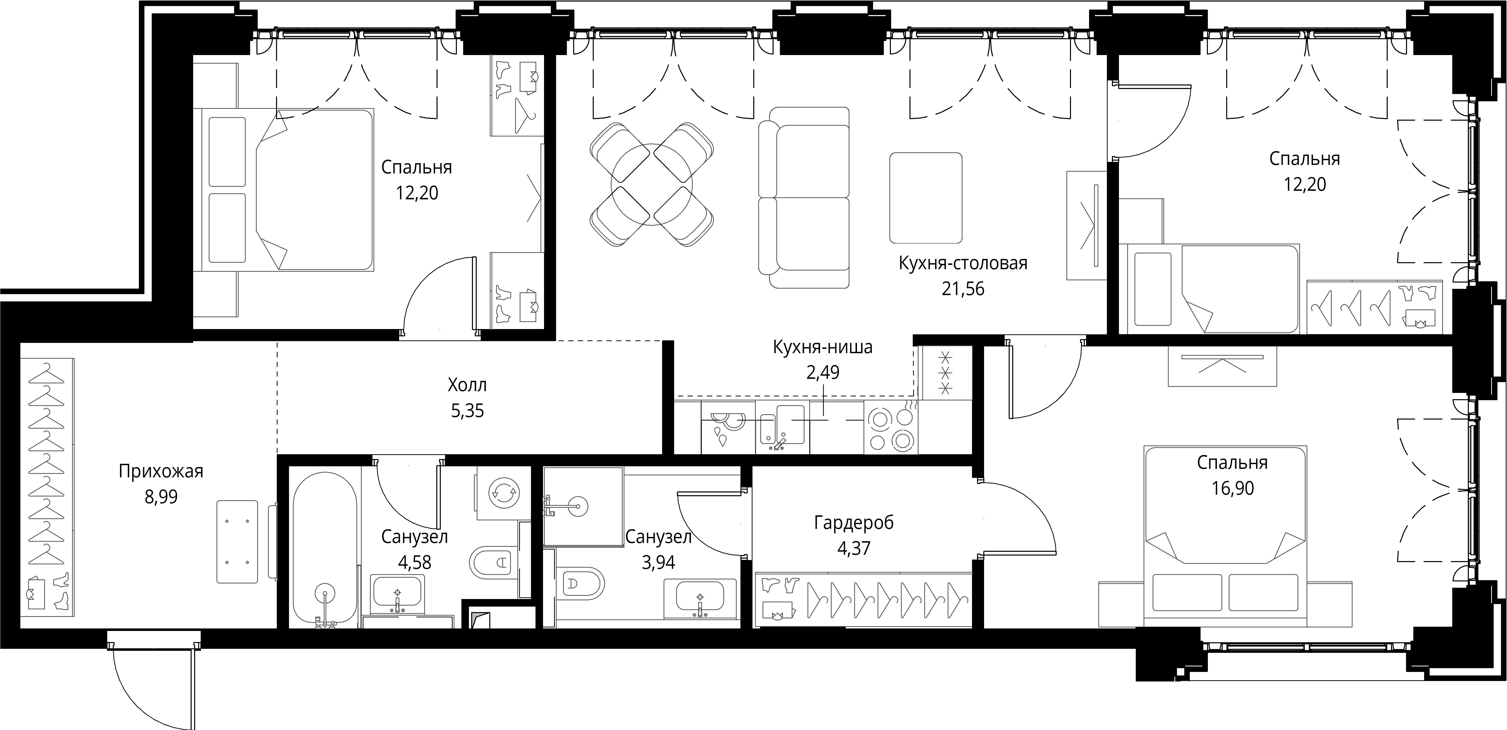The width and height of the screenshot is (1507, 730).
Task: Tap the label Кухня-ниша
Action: pos(823,347)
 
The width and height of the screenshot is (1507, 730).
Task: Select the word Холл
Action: pos(467,385)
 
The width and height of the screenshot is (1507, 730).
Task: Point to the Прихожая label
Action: pos(161,471)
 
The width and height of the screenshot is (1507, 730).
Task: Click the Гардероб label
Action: pos(853,523)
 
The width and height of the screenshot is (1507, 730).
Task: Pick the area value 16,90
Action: pos(1233,488)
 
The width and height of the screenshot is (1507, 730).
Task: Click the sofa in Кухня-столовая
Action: pos(804,197)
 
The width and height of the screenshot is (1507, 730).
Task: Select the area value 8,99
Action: pos(161,497)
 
